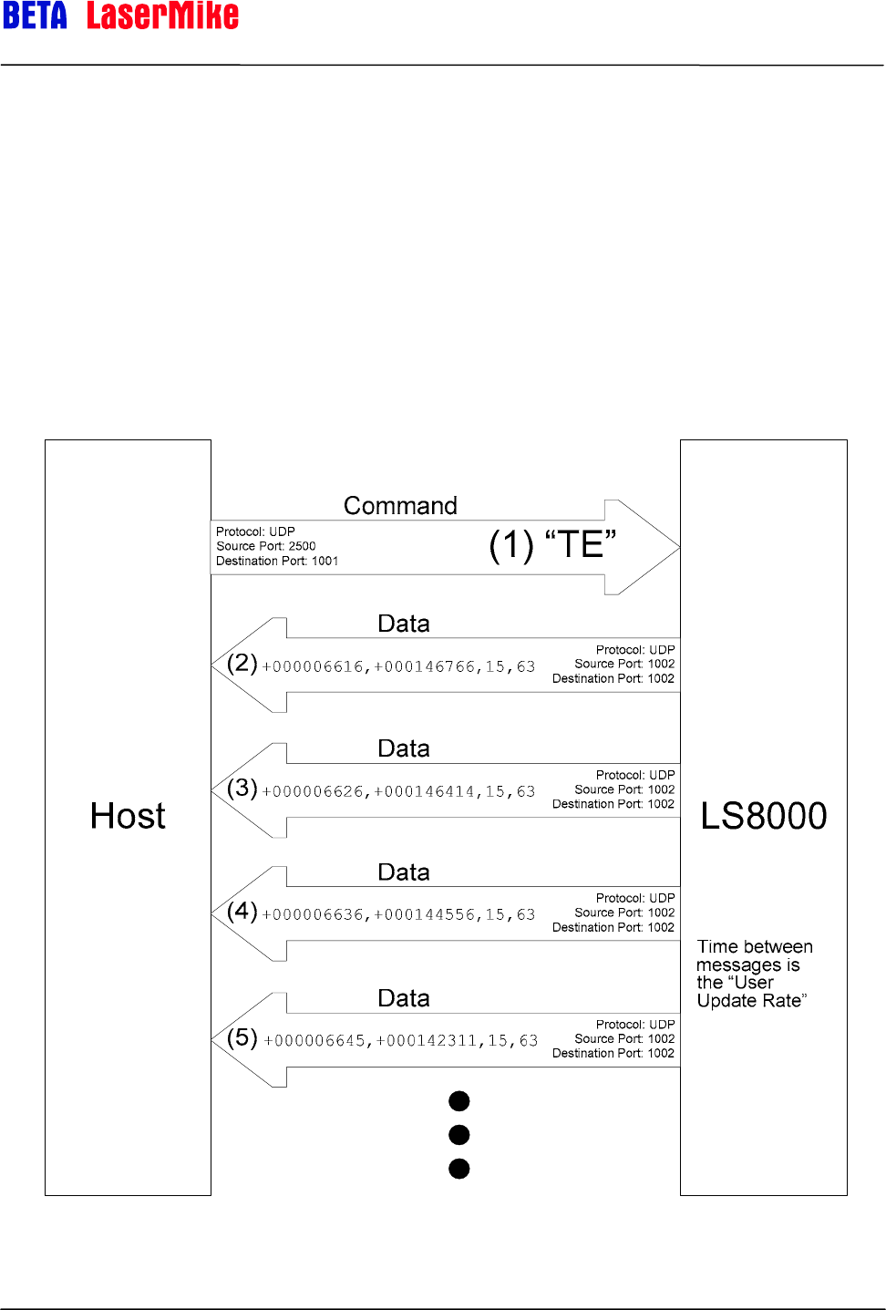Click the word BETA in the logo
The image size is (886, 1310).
35,15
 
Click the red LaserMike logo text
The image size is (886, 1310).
162,15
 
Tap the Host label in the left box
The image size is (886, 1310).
128,816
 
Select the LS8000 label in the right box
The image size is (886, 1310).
764,816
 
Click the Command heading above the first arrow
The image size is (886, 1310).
400,506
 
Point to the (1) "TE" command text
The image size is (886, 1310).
552,545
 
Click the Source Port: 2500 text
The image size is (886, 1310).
266,546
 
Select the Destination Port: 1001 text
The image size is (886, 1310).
277,561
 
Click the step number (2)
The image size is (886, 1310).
242,663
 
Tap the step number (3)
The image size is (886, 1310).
242,788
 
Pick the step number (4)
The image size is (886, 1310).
242,911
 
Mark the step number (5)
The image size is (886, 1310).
242,1037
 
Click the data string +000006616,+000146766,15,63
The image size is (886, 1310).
398,666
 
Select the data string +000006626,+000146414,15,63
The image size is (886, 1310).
398,791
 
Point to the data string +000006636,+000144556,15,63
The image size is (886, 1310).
398,914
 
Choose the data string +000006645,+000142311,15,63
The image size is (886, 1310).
400,1040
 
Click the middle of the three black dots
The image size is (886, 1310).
459,1135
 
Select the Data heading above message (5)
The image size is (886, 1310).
404,998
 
